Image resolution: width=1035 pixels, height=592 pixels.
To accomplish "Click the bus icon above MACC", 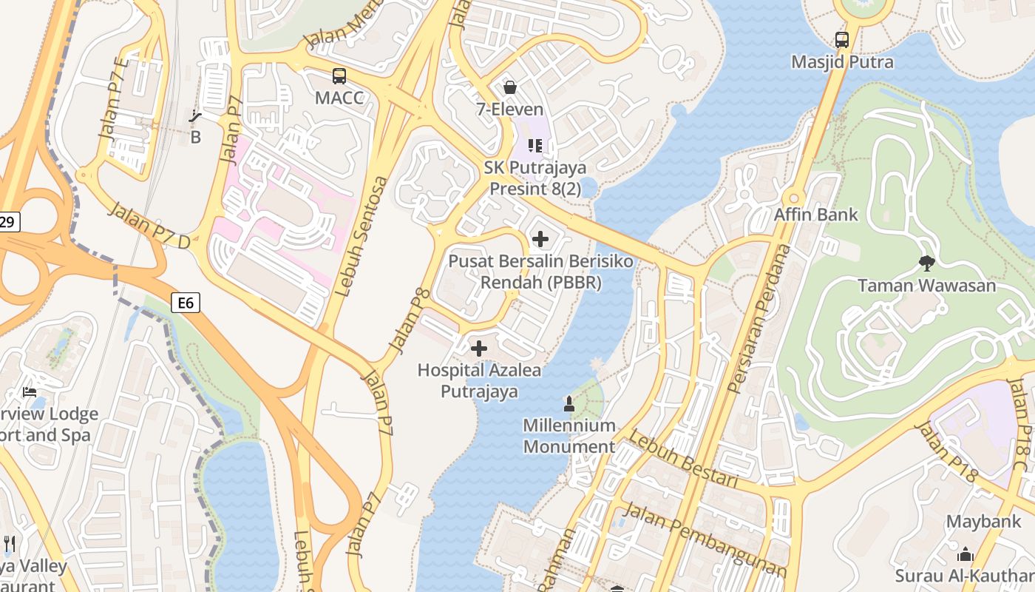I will pyautogui.click(x=339, y=75).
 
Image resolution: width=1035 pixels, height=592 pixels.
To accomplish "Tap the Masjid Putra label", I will pyautogui.click(x=842, y=62).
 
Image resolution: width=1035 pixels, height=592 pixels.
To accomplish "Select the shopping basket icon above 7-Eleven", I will pyautogui.click(x=509, y=87).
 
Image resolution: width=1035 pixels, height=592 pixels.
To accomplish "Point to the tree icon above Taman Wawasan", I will pyautogui.click(x=926, y=263).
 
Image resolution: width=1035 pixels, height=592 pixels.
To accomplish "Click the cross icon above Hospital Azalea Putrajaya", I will pyautogui.click(x=479, y=348).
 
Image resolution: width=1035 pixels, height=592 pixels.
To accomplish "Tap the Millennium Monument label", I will pyautogui.click(x=569, y=436).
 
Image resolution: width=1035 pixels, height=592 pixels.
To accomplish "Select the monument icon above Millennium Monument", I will pyautogui.click(x=569, y=404).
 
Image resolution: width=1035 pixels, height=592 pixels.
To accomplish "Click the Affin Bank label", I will pyautogui.click(x=815, y=215).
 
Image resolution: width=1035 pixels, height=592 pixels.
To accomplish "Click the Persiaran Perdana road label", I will pyautogui.click(x=759, y=319).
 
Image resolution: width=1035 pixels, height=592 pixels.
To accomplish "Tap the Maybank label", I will pyautogui.click(x=983, y=522).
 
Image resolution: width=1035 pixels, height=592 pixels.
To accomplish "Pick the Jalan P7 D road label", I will pyautogui.click(x=149, y=224).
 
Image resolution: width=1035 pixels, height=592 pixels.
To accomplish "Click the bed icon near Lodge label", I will pyautogui.click(x=30, y=391).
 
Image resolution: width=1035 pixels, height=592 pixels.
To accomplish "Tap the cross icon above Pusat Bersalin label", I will pyautogui.click(x=540, y=239).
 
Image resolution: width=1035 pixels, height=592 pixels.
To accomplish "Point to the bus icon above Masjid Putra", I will pyautogui.click(x=841, y=40).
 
